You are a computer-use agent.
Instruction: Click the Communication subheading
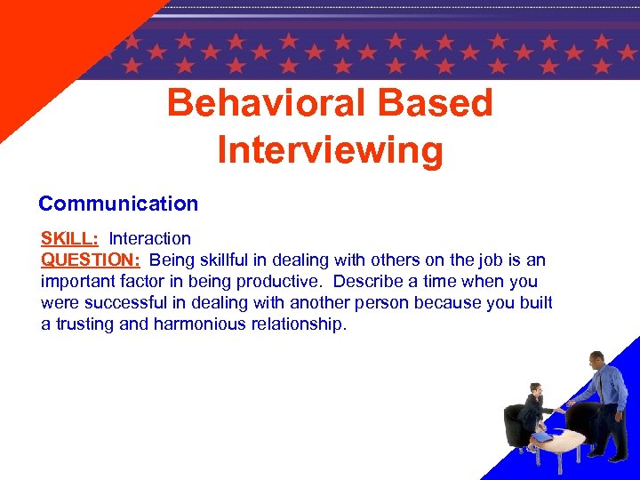pyautogui.click(x=118, y=204)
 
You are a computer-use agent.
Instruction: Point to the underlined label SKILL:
pyautogui.click(x=69, y=238)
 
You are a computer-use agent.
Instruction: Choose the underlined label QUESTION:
pyautogui.click(x=91, y=260)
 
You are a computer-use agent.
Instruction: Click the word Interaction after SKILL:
pyautogui.click(x=149, y=238)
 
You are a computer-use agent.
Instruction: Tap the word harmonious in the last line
pyautogui.click(x=198, y=324)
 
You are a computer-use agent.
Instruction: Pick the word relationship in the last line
pyautogui.click(x=294, y=324)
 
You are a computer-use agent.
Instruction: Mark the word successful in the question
pyautogui.click(x=119, y=302)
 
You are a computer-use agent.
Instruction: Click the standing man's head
pyautogui.click(x=596, y=359)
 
